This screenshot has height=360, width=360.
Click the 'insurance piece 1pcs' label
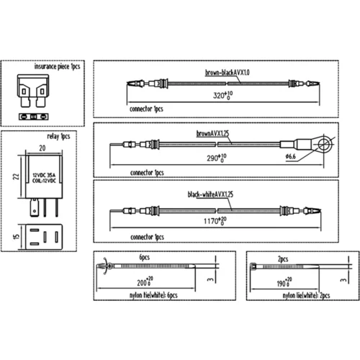[x=57, y=66]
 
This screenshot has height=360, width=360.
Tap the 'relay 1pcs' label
[x=58, y=136]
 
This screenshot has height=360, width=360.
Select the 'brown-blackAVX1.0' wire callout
[x=227, y=72]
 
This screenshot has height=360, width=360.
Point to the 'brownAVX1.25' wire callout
[x=212, y=133]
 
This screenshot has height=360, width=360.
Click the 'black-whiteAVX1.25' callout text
[x=210, y=194]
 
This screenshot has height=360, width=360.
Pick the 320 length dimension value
[x=222, y=95]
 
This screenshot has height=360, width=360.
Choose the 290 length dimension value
[x=217, y=158]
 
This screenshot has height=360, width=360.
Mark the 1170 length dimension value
[x=215, y=221]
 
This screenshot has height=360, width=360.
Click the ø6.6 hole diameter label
[x=290, y=157]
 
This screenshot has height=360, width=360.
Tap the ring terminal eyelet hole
[x=325, y=144]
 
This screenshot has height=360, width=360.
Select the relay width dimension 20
[x=42, y=148]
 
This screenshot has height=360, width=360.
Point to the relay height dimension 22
[x=16, y=176]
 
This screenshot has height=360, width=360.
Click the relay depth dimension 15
[x=16, y=237]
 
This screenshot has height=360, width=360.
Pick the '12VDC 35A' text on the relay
[x=44, y=175]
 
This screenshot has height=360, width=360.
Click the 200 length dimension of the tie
[x=145, y=282]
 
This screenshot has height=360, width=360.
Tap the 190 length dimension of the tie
[x=284, y=282]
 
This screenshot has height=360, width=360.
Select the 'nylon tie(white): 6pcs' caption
[x=153, y=295]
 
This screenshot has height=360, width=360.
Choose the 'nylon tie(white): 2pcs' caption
[x=306, y=295]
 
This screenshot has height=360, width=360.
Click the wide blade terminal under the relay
[x=35, y=207]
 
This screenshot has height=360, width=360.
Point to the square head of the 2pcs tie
[x=253, y=266]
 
